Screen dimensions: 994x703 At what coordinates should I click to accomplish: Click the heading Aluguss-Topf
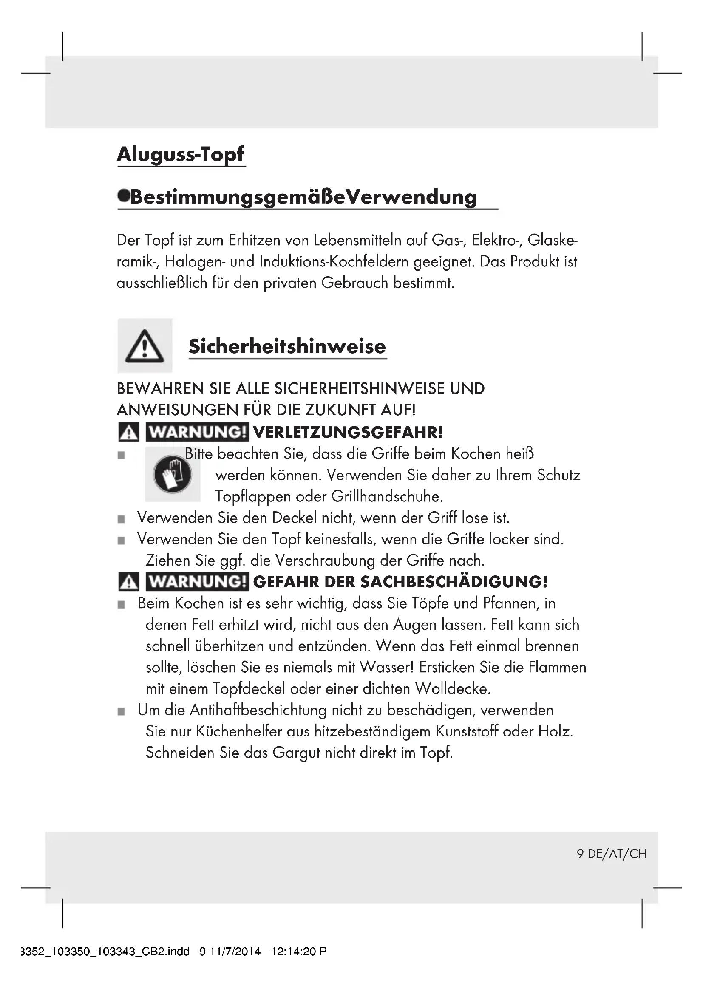pos(181,154)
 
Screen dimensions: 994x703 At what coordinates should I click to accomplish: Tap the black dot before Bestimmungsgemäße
pos(123,196)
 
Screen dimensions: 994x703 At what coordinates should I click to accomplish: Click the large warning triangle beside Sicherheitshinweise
pos(145,346)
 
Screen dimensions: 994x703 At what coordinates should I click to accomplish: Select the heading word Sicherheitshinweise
pos(287,346)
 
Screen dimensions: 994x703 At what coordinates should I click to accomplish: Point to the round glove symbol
pos(172,474)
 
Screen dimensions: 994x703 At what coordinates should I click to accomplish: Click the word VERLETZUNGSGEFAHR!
pos(348,432)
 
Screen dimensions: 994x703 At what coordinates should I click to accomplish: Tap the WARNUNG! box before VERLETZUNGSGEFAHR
pos(197,432)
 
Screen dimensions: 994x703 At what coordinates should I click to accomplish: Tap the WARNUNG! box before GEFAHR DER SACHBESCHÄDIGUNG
pos(197,581)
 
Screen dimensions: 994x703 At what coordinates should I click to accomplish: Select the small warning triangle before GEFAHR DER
pos(128,582)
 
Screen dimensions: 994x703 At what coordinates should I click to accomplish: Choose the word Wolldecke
pos(452,688)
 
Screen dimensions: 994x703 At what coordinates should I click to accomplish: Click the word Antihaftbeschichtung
pos(258,710)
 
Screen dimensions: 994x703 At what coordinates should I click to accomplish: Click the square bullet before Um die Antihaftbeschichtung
pos(121,711)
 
